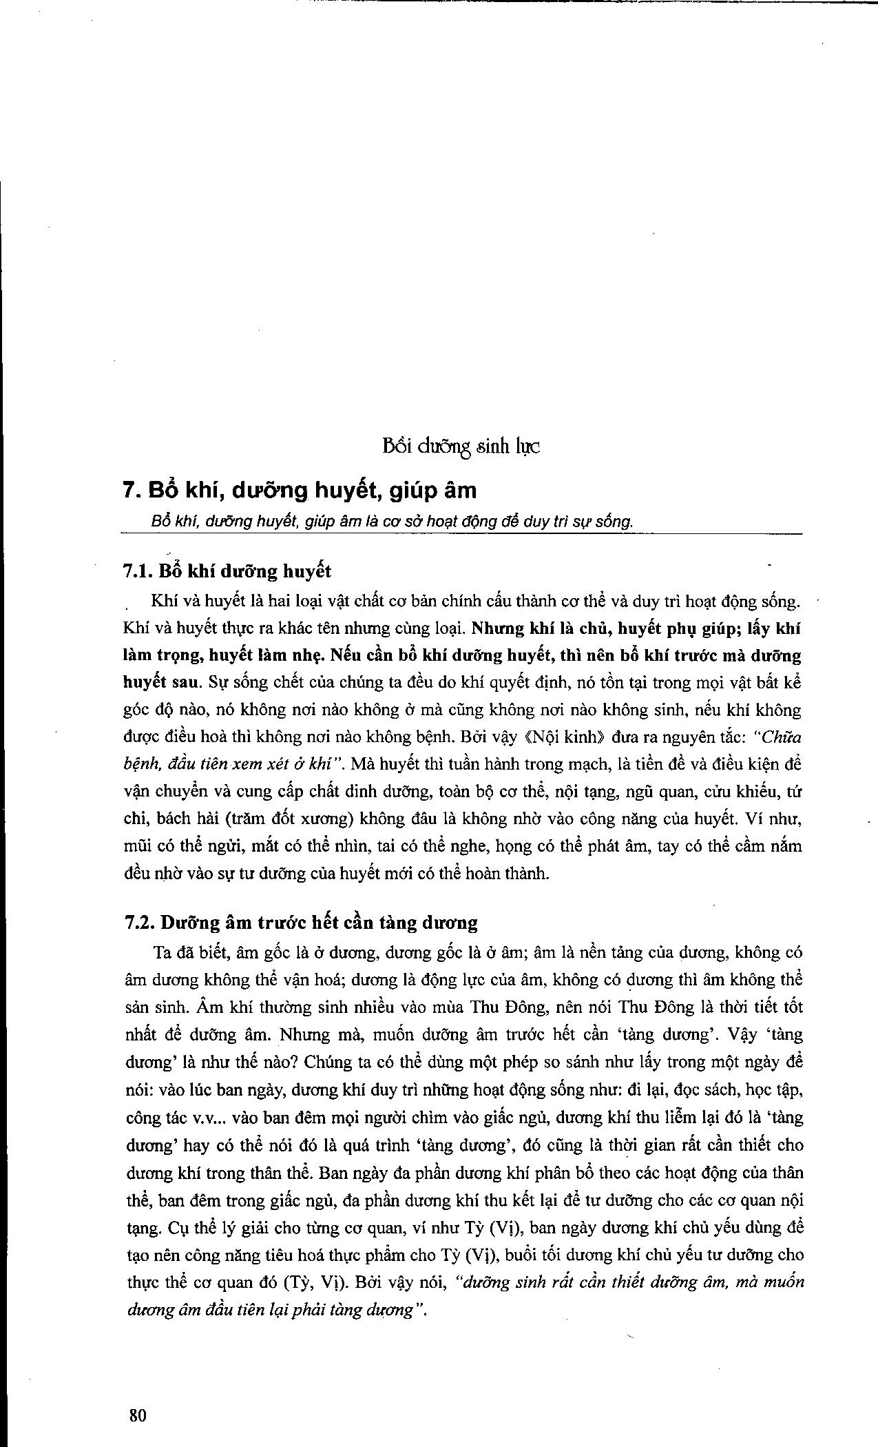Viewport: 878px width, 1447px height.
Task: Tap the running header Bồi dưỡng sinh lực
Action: point(461,447)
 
